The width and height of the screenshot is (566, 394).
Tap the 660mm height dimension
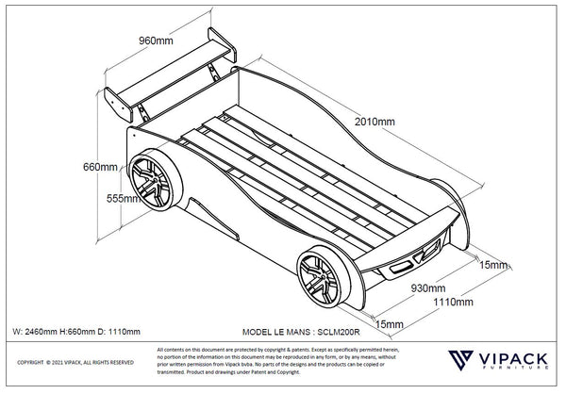coord(101,167)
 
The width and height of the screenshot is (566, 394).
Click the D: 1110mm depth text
coord(118,332)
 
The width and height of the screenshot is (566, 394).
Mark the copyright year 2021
coord(59,363)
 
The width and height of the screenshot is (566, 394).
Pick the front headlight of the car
coord(430,254)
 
